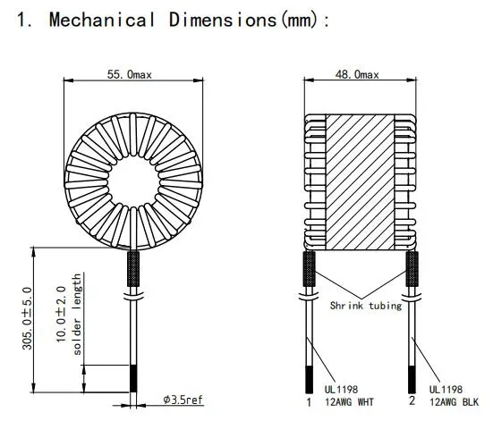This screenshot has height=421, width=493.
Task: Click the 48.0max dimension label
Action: pyautogui.click(x=362, y=75)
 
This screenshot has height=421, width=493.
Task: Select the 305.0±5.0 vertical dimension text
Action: pyautogui.click(x=27, y=319)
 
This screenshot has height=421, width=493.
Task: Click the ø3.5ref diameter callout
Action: pyautogui.click(x=183, y=399)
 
